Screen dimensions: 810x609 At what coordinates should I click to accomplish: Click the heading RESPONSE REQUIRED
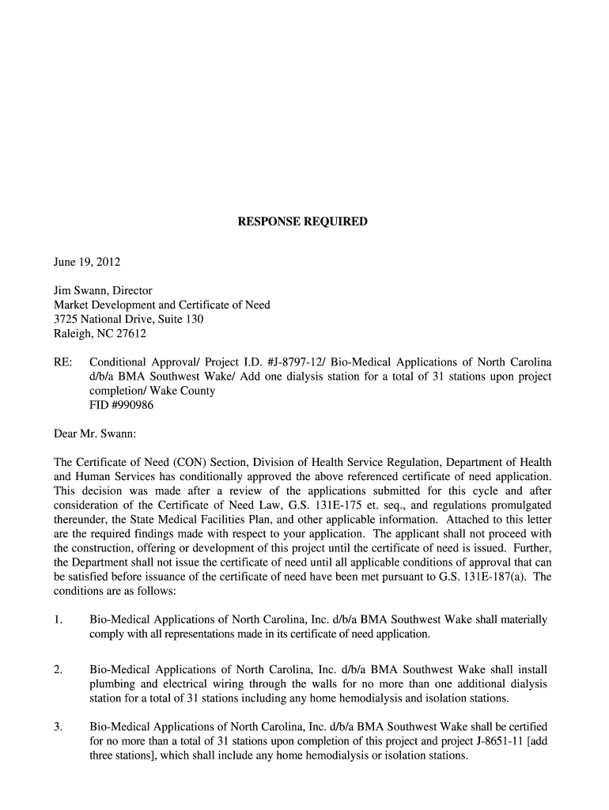click(303, 222)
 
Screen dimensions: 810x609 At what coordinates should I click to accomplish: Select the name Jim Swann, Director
click(103, 291)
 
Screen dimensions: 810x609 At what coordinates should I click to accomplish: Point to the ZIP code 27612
click(130, 334)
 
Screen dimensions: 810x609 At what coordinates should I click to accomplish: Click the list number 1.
click(58, 620)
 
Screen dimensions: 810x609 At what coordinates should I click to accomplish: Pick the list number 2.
click(58, 670)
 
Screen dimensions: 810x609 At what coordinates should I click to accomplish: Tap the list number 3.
click(58, 727)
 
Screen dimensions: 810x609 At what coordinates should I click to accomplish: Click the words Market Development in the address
click(103, 305)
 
